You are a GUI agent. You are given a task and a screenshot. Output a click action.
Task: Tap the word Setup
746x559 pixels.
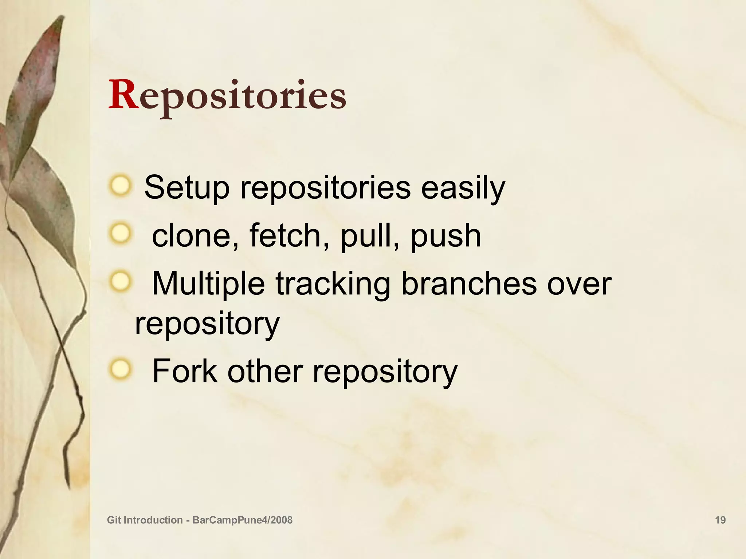187,188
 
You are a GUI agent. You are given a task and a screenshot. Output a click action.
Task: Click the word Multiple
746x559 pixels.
208,285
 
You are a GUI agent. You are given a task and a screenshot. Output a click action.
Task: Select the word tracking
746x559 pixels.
333,285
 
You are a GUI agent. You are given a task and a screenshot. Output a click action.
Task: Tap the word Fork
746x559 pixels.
185,371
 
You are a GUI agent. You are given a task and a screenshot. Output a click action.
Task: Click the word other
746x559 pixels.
265,371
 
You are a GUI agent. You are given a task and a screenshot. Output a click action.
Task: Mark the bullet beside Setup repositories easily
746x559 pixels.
119,186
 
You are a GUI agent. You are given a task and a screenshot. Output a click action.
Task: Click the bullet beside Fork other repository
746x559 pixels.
119,370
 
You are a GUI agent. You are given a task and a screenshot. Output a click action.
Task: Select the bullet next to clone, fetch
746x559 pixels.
119,234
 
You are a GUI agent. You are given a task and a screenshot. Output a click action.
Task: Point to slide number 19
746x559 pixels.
720,520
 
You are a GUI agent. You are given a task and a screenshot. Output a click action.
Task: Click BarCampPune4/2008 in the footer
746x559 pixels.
242,520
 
